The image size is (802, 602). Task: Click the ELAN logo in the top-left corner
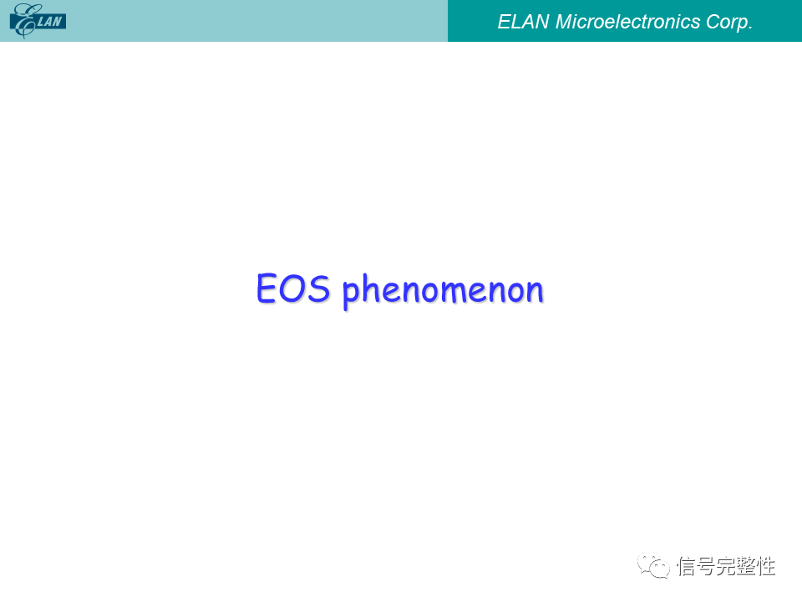(x=38, y=21)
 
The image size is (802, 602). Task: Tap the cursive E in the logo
(x=24, y=21)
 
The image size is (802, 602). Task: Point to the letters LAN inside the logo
(x=49, y=22)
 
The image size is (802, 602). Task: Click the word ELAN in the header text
(x=523, y=22)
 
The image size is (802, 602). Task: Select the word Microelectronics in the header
(x=627, y=22)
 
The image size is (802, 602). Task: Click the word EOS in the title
(x=293, y=288)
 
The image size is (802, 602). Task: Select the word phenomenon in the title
(x=443, y=290)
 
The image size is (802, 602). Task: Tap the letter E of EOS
(x=266, y=288)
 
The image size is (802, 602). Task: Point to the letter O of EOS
(x=292, y=288)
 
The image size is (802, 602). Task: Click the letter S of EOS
(x=319, y=288)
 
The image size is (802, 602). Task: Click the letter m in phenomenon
(x=451, y=293)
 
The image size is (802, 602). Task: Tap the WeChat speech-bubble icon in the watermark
(x=653, y=565)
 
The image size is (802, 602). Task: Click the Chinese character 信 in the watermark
(x=687, y=566)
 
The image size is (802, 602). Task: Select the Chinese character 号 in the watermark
(x=706, y=566)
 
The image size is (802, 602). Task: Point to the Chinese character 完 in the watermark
(x=725, y=566)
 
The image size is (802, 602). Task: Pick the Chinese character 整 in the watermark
(x=745, y=566)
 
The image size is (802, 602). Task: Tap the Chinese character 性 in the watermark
(x=765, y=566)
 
